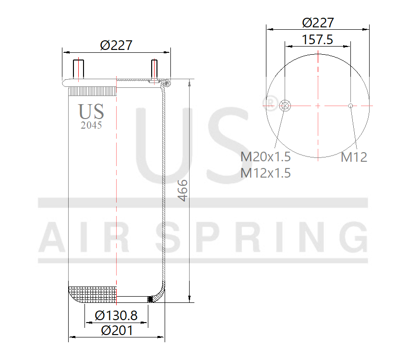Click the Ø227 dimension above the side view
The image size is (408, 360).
coord(116,45)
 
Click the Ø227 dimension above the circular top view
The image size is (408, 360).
coord(318,23)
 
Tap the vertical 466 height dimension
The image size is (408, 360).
coord(183,191)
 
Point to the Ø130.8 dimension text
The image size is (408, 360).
coord(116,315)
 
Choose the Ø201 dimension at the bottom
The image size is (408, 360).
coord(117,330)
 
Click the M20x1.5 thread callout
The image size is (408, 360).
coord(265,157)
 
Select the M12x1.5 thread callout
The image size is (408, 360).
coord(265,173)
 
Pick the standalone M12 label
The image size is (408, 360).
coord(354,157)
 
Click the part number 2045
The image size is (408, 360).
coord(91,125)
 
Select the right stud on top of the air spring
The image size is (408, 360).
coord(154,70)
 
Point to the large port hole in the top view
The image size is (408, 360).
coord(285,106)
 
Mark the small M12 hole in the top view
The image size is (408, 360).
coord(351,106)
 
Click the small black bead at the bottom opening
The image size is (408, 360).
coord(149,300)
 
